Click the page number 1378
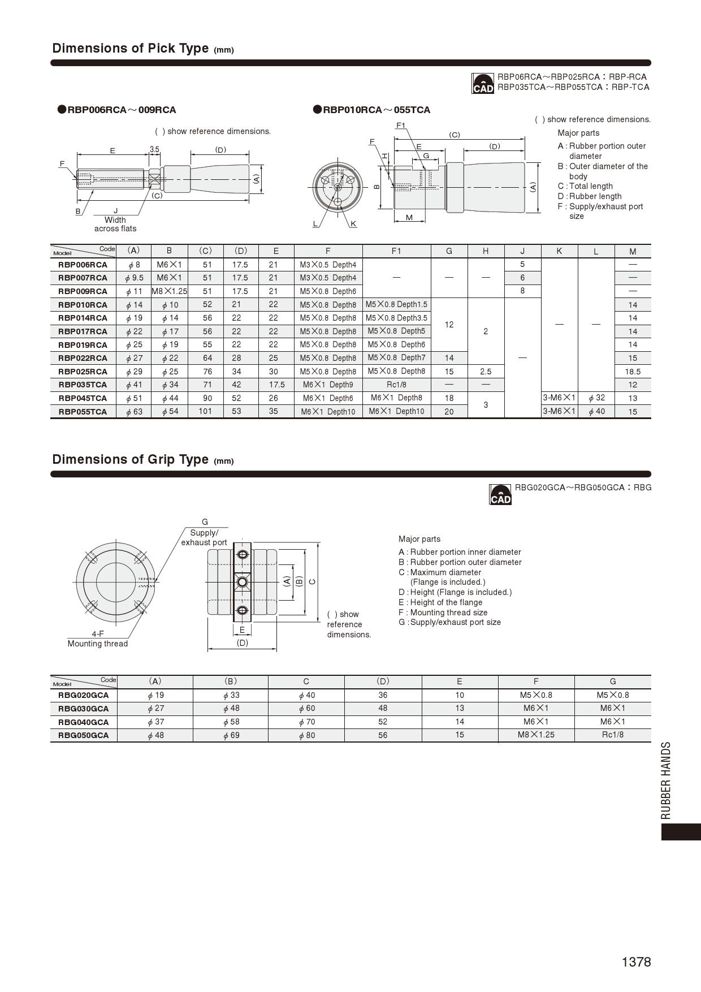pos(636,962)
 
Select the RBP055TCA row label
pos(83,412)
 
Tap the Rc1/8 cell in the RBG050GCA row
pos(612,735)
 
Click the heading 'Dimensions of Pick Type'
pos(131,48)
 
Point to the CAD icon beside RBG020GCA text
pos(500,494)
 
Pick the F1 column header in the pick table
pos(396,251)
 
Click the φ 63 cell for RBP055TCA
pos(134,412)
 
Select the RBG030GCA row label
pos(83,708)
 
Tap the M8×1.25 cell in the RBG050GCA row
pos(536,735)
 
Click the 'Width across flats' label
pos(115,224)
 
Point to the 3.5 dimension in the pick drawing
pos(154,149)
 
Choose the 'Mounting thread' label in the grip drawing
pos(98,644)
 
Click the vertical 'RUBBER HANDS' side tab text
pos(666,780)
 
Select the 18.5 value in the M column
pos(633,372)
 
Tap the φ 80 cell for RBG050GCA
pos(306,735)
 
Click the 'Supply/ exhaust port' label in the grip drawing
pos(204,537)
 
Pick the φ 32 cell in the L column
pos(596,398)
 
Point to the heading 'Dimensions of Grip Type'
pos(131,459)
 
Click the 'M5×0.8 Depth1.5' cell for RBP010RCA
pos(396,304)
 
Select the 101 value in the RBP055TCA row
pos(205,411)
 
